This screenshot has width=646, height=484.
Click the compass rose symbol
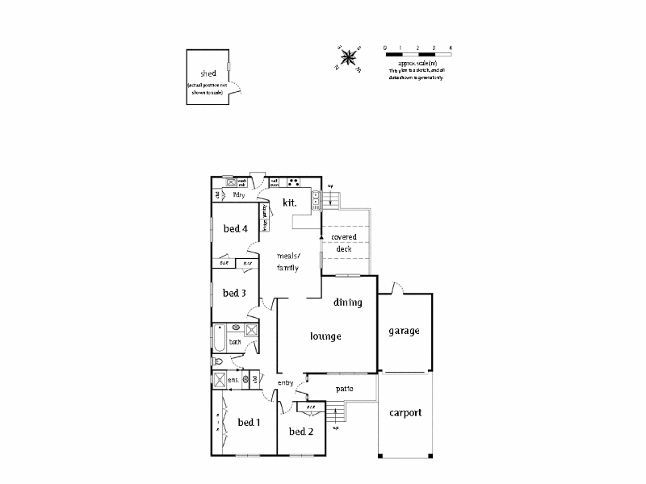click(349, 57)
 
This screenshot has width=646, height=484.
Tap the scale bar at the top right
click(417, 55)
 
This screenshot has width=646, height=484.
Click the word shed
click(208, 73)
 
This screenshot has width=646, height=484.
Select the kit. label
click(290, 203)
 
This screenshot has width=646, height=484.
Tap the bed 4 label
click(235, 229)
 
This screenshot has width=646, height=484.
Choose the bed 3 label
click(234, 293)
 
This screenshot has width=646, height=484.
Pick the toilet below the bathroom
click(217, 362)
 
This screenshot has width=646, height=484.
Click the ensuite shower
click(220, 380)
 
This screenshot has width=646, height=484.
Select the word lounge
click(326, 336)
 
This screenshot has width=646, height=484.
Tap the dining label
click(347, 302)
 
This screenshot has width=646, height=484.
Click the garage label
click(404, 332)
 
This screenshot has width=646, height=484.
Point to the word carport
click(405, 413)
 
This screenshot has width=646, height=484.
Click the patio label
click(345, 389)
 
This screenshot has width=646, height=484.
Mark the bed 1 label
click(249, 423)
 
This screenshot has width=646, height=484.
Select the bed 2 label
click(300, 432)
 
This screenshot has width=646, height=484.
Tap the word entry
click(285, 382)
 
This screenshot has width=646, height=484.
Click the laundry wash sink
click(230, 182)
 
